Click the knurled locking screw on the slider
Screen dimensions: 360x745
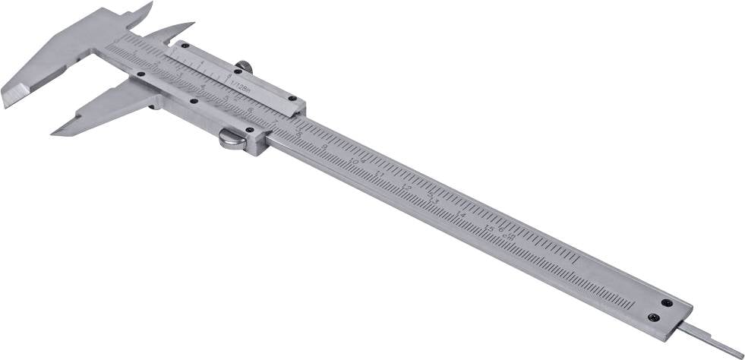pyautogui.click(x=244, y=68)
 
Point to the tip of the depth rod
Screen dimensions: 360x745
pyautogui.click(x=740, y=355)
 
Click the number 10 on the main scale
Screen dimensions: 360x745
pyautogui.click(x=354, y=162)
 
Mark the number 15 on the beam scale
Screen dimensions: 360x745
pyautogui.click(x=490, y=228)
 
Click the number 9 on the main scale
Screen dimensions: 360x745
pyautogui.click(x=325, y=148)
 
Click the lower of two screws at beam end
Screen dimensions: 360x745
pyautogui.click(x=653, y=317)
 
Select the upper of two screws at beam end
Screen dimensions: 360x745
pyautogui.click(x=667, y=303)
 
